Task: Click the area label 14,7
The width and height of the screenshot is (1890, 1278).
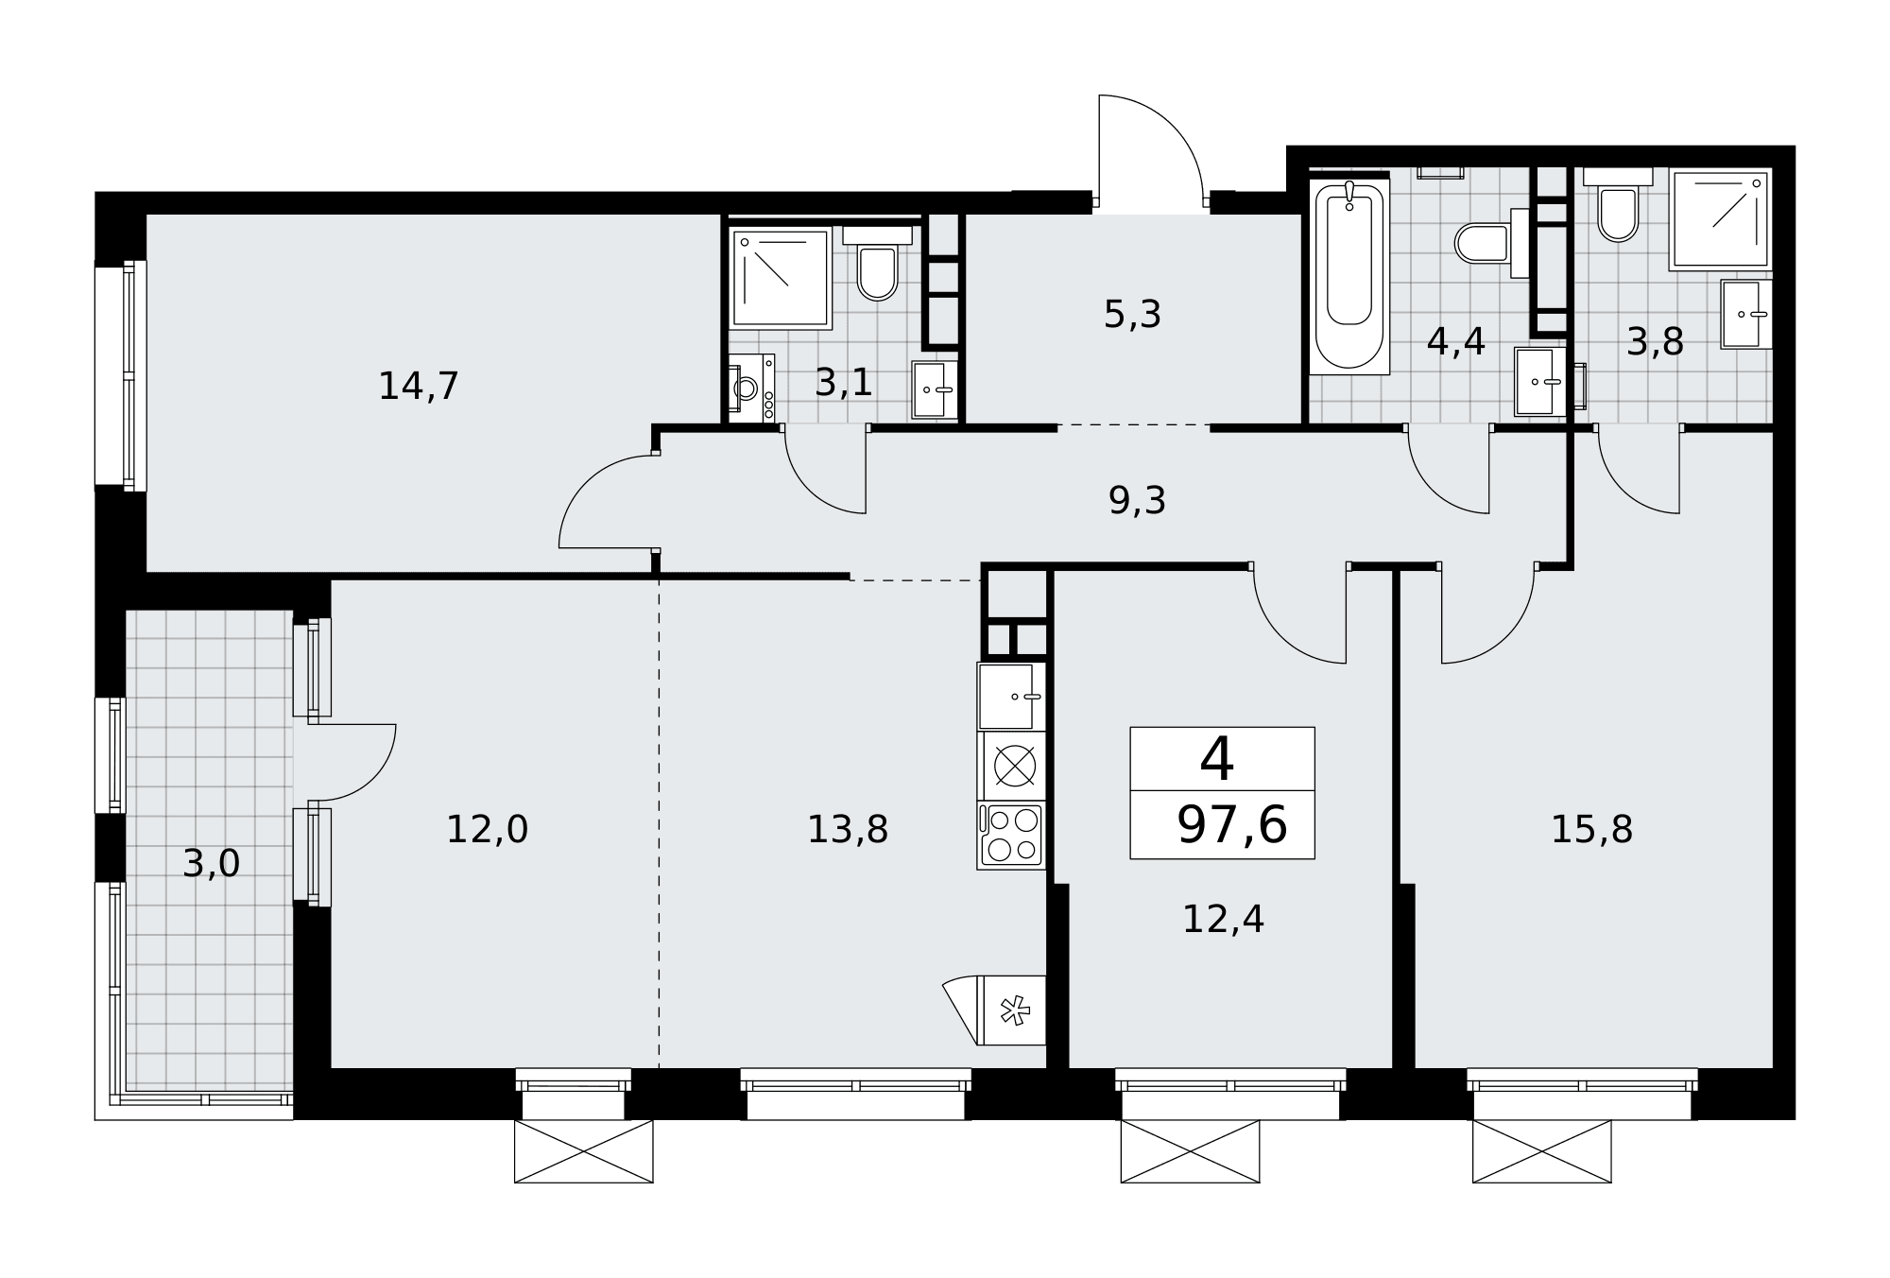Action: click(419, 386)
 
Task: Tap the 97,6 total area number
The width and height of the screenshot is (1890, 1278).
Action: click(1231, 825)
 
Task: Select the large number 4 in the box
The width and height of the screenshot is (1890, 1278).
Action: click(1217, 758)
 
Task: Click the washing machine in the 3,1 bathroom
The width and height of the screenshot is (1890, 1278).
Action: click(751, 388)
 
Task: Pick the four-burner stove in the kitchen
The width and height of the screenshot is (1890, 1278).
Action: click(1011, 835)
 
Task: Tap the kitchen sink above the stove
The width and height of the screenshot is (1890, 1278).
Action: click(1011, 697)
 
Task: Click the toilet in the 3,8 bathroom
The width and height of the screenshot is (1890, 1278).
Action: click(1618, 205)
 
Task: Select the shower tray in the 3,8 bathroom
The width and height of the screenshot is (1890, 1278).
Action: click(1720, 219)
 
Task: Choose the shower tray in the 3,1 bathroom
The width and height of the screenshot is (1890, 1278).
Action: click(781, 278)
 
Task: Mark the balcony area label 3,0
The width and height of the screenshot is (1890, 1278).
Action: click(212, 863)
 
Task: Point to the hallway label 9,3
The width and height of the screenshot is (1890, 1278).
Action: click(1137, 501)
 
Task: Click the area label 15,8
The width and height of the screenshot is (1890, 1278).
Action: click(1591, 829)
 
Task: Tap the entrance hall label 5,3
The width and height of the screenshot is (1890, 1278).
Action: click(1132, 315)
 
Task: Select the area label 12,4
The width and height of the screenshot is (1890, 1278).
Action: click(1223, 919)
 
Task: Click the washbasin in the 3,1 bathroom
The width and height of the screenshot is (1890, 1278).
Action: click(935, 389)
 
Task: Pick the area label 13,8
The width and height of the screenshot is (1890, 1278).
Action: click(847, 829)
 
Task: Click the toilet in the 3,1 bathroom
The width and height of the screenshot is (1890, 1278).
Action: click(877, 264)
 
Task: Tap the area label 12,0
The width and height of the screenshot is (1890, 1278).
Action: click(487, 829)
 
